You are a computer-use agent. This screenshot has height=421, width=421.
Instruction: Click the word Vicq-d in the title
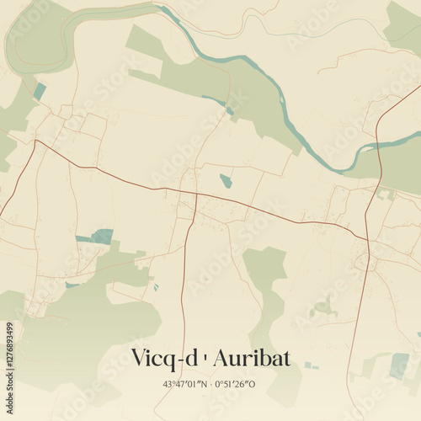click(x=165, y=358)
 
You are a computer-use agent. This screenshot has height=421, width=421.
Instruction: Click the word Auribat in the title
click(x=251, y=358)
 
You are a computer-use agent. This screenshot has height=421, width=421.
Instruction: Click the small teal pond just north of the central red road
click(x=226, y=180)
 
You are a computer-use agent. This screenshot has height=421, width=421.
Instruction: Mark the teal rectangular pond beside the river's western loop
click(x=40, y=91)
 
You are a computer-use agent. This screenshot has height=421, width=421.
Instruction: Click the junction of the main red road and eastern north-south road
click(x=367, y=238)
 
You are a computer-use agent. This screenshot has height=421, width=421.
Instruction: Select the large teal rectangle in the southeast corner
click(x=399, y=365)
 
